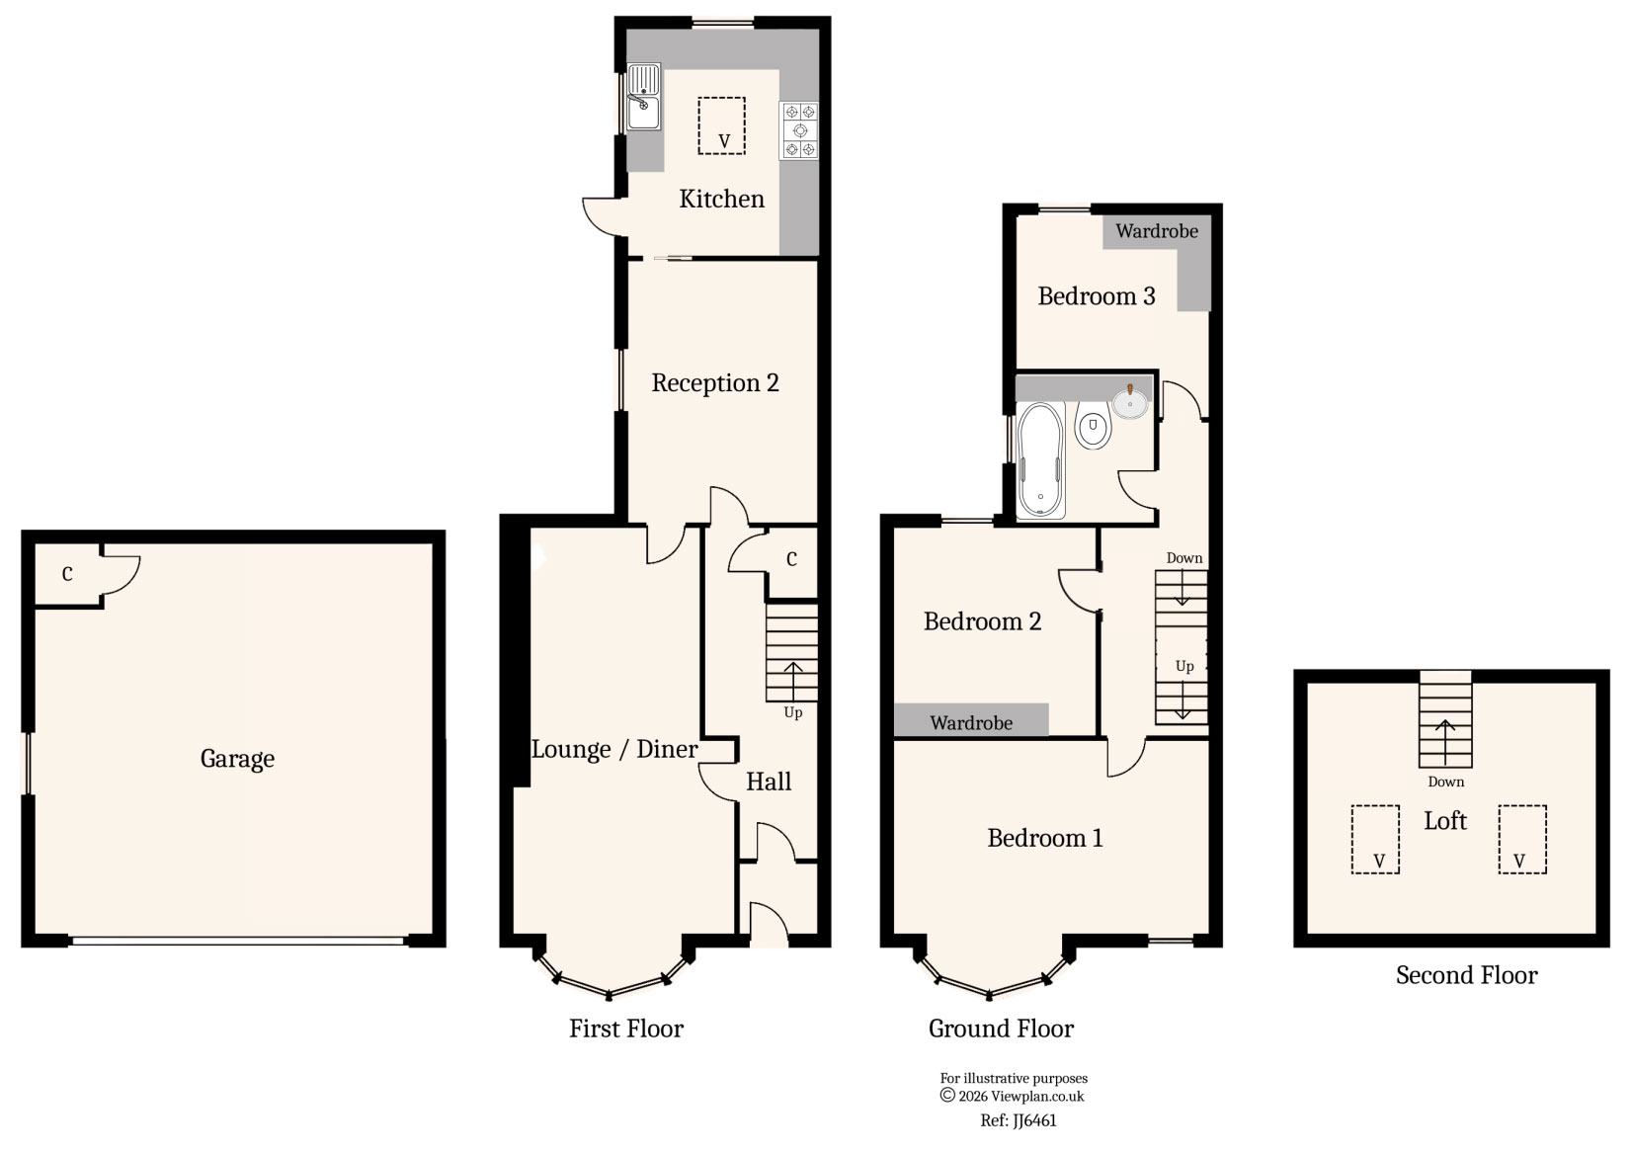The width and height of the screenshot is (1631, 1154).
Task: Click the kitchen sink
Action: click(x=643, y=97)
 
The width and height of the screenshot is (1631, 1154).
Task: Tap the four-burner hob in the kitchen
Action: click(x=800, y=130)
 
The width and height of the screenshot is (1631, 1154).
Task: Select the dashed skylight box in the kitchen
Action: click(x=721, y=125)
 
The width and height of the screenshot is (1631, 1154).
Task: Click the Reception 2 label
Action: click(x=715, y=383)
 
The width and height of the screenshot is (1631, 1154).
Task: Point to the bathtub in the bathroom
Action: click(x=1040, y=459)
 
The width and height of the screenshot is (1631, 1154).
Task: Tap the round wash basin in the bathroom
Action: click(x=1130, y=402)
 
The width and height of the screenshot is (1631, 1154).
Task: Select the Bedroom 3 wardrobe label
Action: click(x=1157, y=231)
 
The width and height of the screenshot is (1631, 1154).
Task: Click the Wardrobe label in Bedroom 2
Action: click(x=971, y=723)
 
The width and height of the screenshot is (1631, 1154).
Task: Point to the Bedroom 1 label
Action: click(x=1044, y=839)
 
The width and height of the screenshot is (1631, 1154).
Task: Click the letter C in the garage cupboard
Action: click(x=67, y=574)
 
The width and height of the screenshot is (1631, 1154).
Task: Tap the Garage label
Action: click(x=237, y=759)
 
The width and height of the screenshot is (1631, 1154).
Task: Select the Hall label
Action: click(x=769, y=782)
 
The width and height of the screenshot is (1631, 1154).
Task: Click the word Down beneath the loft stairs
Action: click(x=1445, y=782)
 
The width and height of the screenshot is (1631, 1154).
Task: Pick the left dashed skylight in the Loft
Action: click(x=1375, y=839)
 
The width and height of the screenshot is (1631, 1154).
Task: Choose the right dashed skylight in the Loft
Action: click(x=1521, y=839)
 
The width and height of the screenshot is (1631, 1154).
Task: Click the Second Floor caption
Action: click(x=1466, y=975)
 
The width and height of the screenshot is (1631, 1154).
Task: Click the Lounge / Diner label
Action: click(x=614, y=750)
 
